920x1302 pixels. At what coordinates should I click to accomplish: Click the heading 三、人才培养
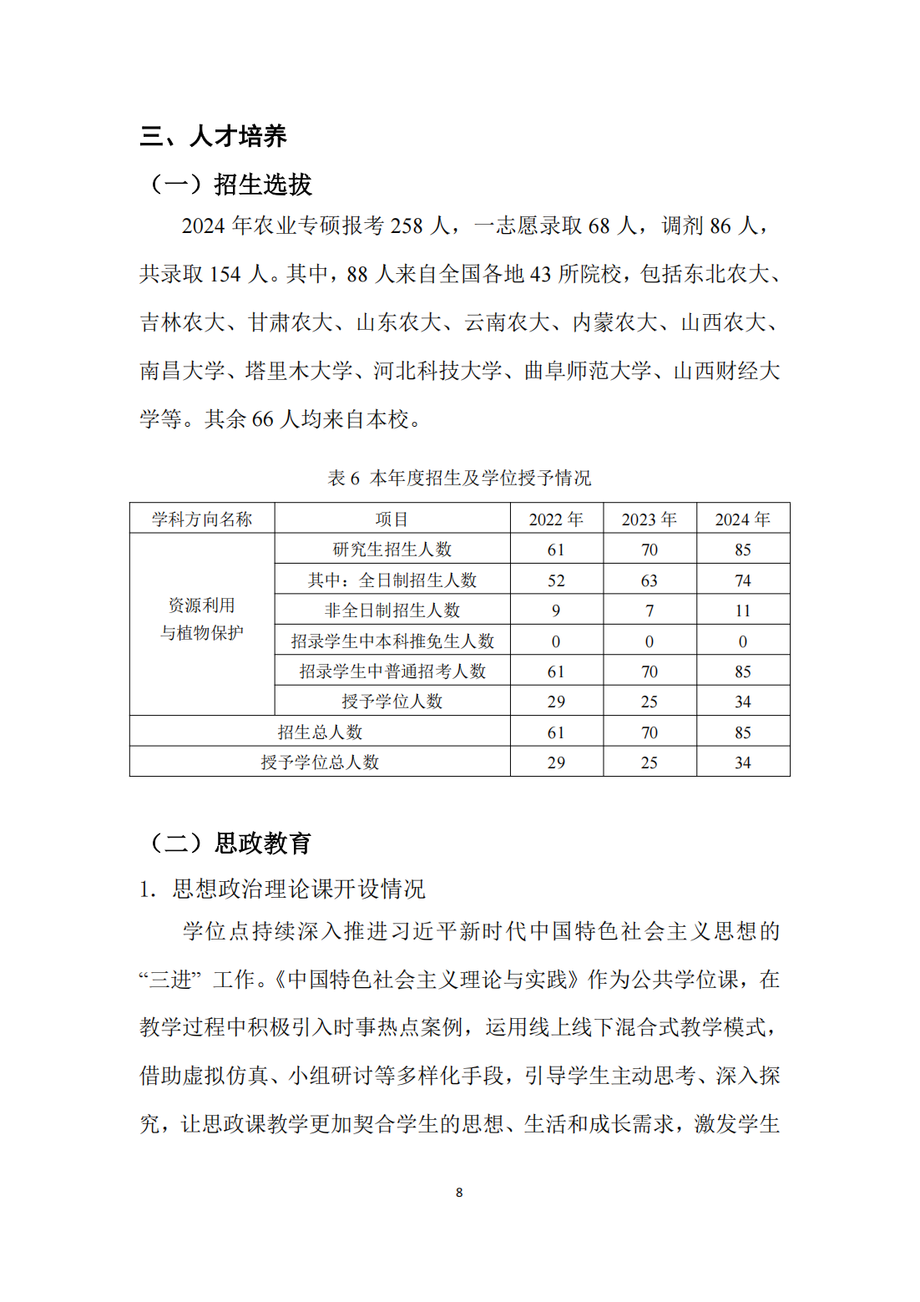pos(213,136)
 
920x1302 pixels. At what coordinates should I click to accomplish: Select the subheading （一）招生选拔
pos(230,185)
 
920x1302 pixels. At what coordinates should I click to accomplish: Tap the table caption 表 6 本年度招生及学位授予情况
pos(459,478)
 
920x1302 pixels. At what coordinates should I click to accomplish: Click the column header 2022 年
pos(556,519)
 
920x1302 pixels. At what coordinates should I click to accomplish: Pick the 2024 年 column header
pos(742,519)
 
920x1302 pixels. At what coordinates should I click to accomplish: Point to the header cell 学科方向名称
pos(202,519)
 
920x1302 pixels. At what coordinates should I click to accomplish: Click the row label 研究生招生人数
pos(392,550)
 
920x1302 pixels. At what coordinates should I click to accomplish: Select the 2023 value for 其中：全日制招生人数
pos(649,580)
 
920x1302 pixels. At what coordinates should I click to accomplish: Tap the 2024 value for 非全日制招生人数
pos(742,610)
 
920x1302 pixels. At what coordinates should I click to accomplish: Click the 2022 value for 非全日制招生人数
pos(556,610)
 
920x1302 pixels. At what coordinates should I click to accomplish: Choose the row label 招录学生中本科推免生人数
pos(392,641)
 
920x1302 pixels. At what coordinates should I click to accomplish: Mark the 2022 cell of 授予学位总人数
pos(556,762)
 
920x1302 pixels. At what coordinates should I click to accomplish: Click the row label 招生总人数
pos(320,732)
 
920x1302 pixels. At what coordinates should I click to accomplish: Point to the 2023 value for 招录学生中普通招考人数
pos(649,671)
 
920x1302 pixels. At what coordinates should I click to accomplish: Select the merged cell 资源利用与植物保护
pos(202,619)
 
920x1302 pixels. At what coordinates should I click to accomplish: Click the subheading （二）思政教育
pos(230,844)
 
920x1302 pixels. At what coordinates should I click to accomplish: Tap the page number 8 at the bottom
pos(459,1193)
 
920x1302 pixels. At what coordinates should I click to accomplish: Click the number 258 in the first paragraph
pos(407,226)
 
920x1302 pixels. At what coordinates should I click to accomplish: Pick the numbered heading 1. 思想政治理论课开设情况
pos(282,889)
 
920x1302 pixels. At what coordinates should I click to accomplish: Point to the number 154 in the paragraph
pos(225,275)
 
